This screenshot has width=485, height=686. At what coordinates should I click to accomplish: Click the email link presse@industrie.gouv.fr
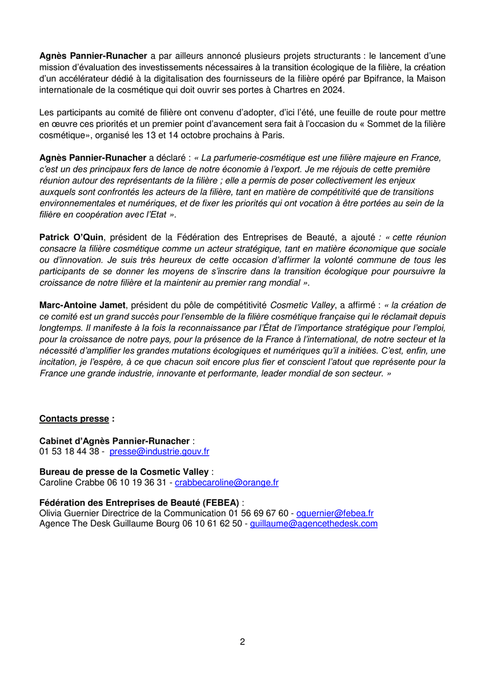click(x=159, y=452)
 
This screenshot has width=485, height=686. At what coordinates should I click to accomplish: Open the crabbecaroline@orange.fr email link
click(x=227, y=482)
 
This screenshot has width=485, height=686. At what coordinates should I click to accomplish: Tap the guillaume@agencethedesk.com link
click(x=314, y=523)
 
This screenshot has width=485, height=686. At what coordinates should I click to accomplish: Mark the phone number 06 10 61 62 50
click(x=212, y=523)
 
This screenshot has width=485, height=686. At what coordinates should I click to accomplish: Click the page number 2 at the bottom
click(x=242, y=642)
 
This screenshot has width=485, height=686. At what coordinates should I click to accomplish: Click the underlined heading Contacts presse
click(x=74, y=419)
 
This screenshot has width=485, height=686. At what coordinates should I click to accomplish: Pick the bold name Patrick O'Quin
click(x=71, y=237)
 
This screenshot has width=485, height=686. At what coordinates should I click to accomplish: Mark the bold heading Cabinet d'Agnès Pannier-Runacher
click(x=114, y=441)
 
